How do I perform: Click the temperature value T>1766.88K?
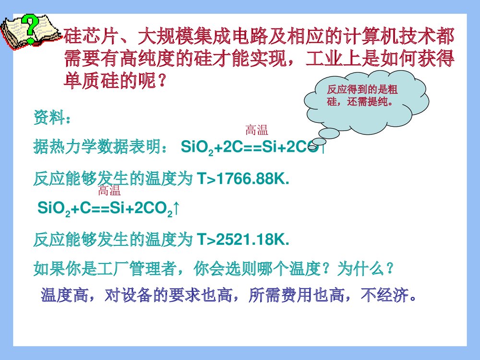[244, 180]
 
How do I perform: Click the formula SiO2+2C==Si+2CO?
[250, 147]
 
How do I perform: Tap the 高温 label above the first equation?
[256, 129]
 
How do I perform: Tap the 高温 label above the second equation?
[109, 192]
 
